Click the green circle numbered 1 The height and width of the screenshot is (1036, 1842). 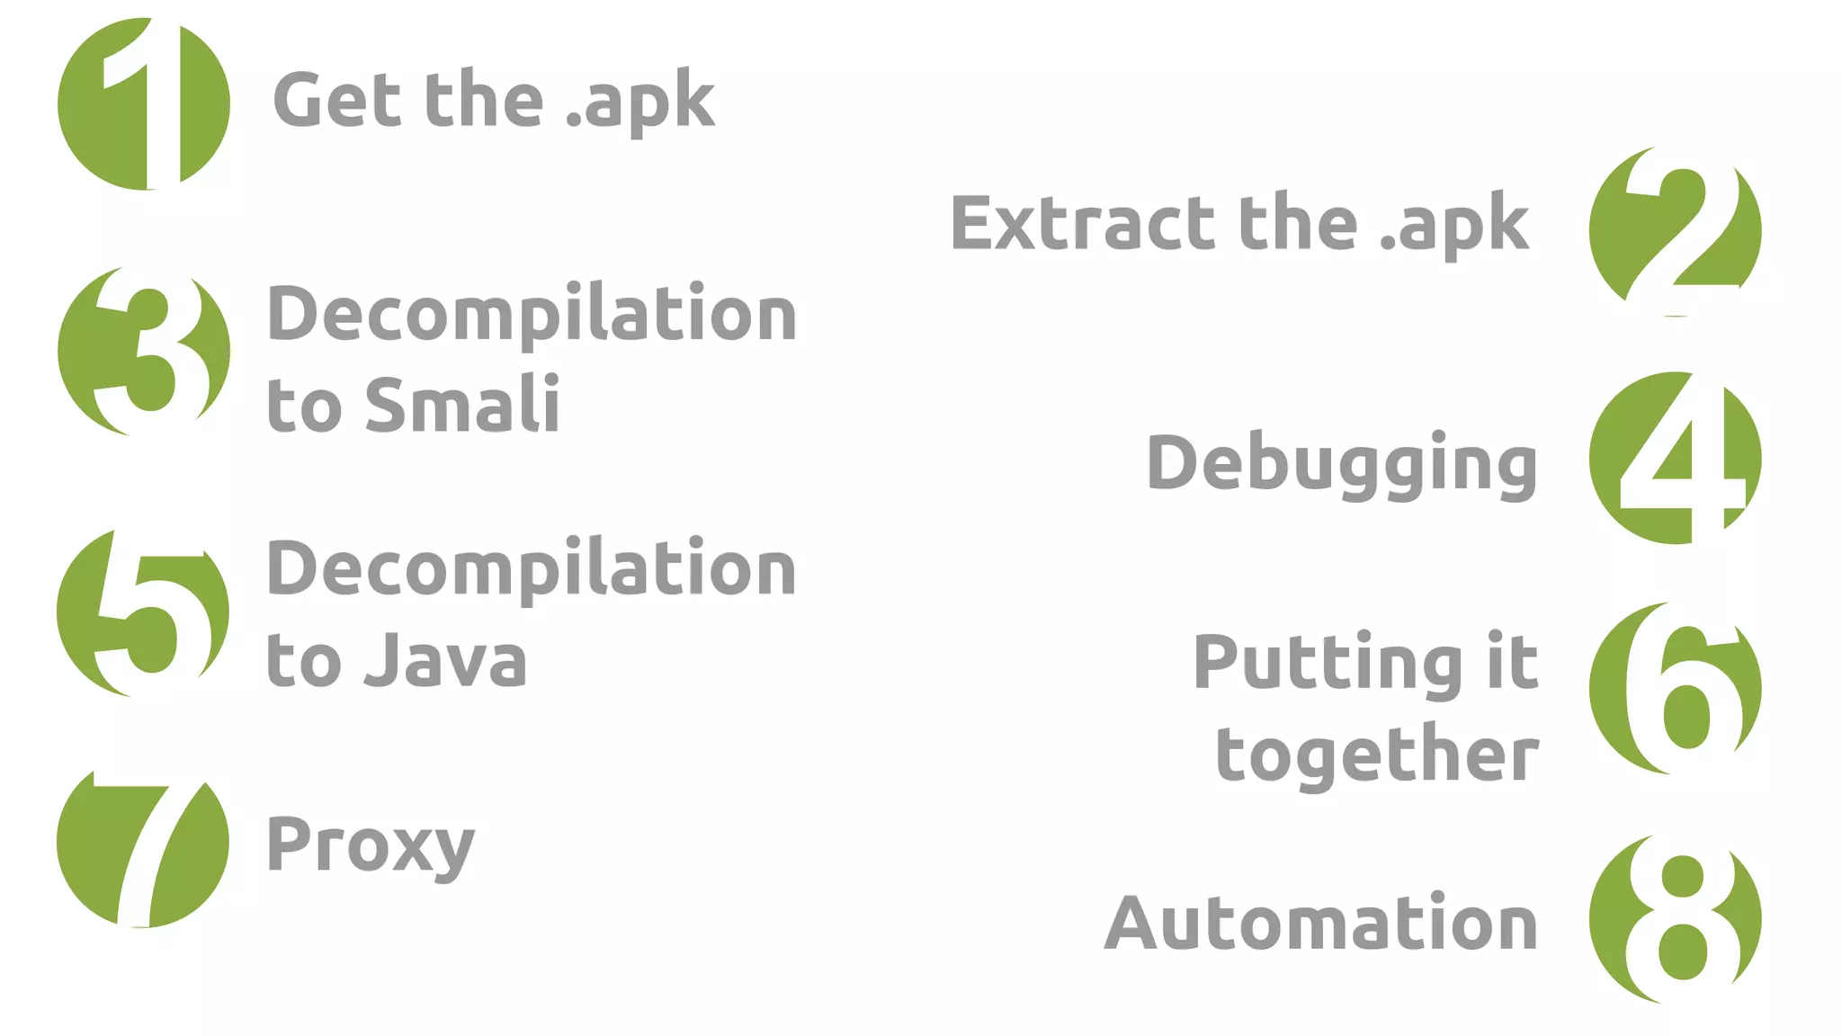click(x=144, y=104)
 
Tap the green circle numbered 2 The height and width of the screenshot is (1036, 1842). click(x=1675, y=231)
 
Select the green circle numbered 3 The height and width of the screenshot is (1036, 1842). click(x=144, y=351)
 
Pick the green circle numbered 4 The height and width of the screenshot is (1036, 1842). click(x=1675, y=458)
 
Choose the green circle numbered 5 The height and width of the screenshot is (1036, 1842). click(x=143, y=612)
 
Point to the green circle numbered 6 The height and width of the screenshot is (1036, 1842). click(x=1675, y=688)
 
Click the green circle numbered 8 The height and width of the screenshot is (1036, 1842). click(x=1675, y=918)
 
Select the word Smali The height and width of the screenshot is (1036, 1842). click(x=462, y=405)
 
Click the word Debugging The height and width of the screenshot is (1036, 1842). click(x=1341, y=464)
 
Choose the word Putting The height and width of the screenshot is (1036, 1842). click(x=1328, y=664)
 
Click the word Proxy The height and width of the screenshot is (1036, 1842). click(x=370, y=845)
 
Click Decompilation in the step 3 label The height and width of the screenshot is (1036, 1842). click(x=532, y=314)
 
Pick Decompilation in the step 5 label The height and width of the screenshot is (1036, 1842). click(x=532, y=568)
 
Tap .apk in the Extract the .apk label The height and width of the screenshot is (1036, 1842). click(x=1454, y=224)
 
